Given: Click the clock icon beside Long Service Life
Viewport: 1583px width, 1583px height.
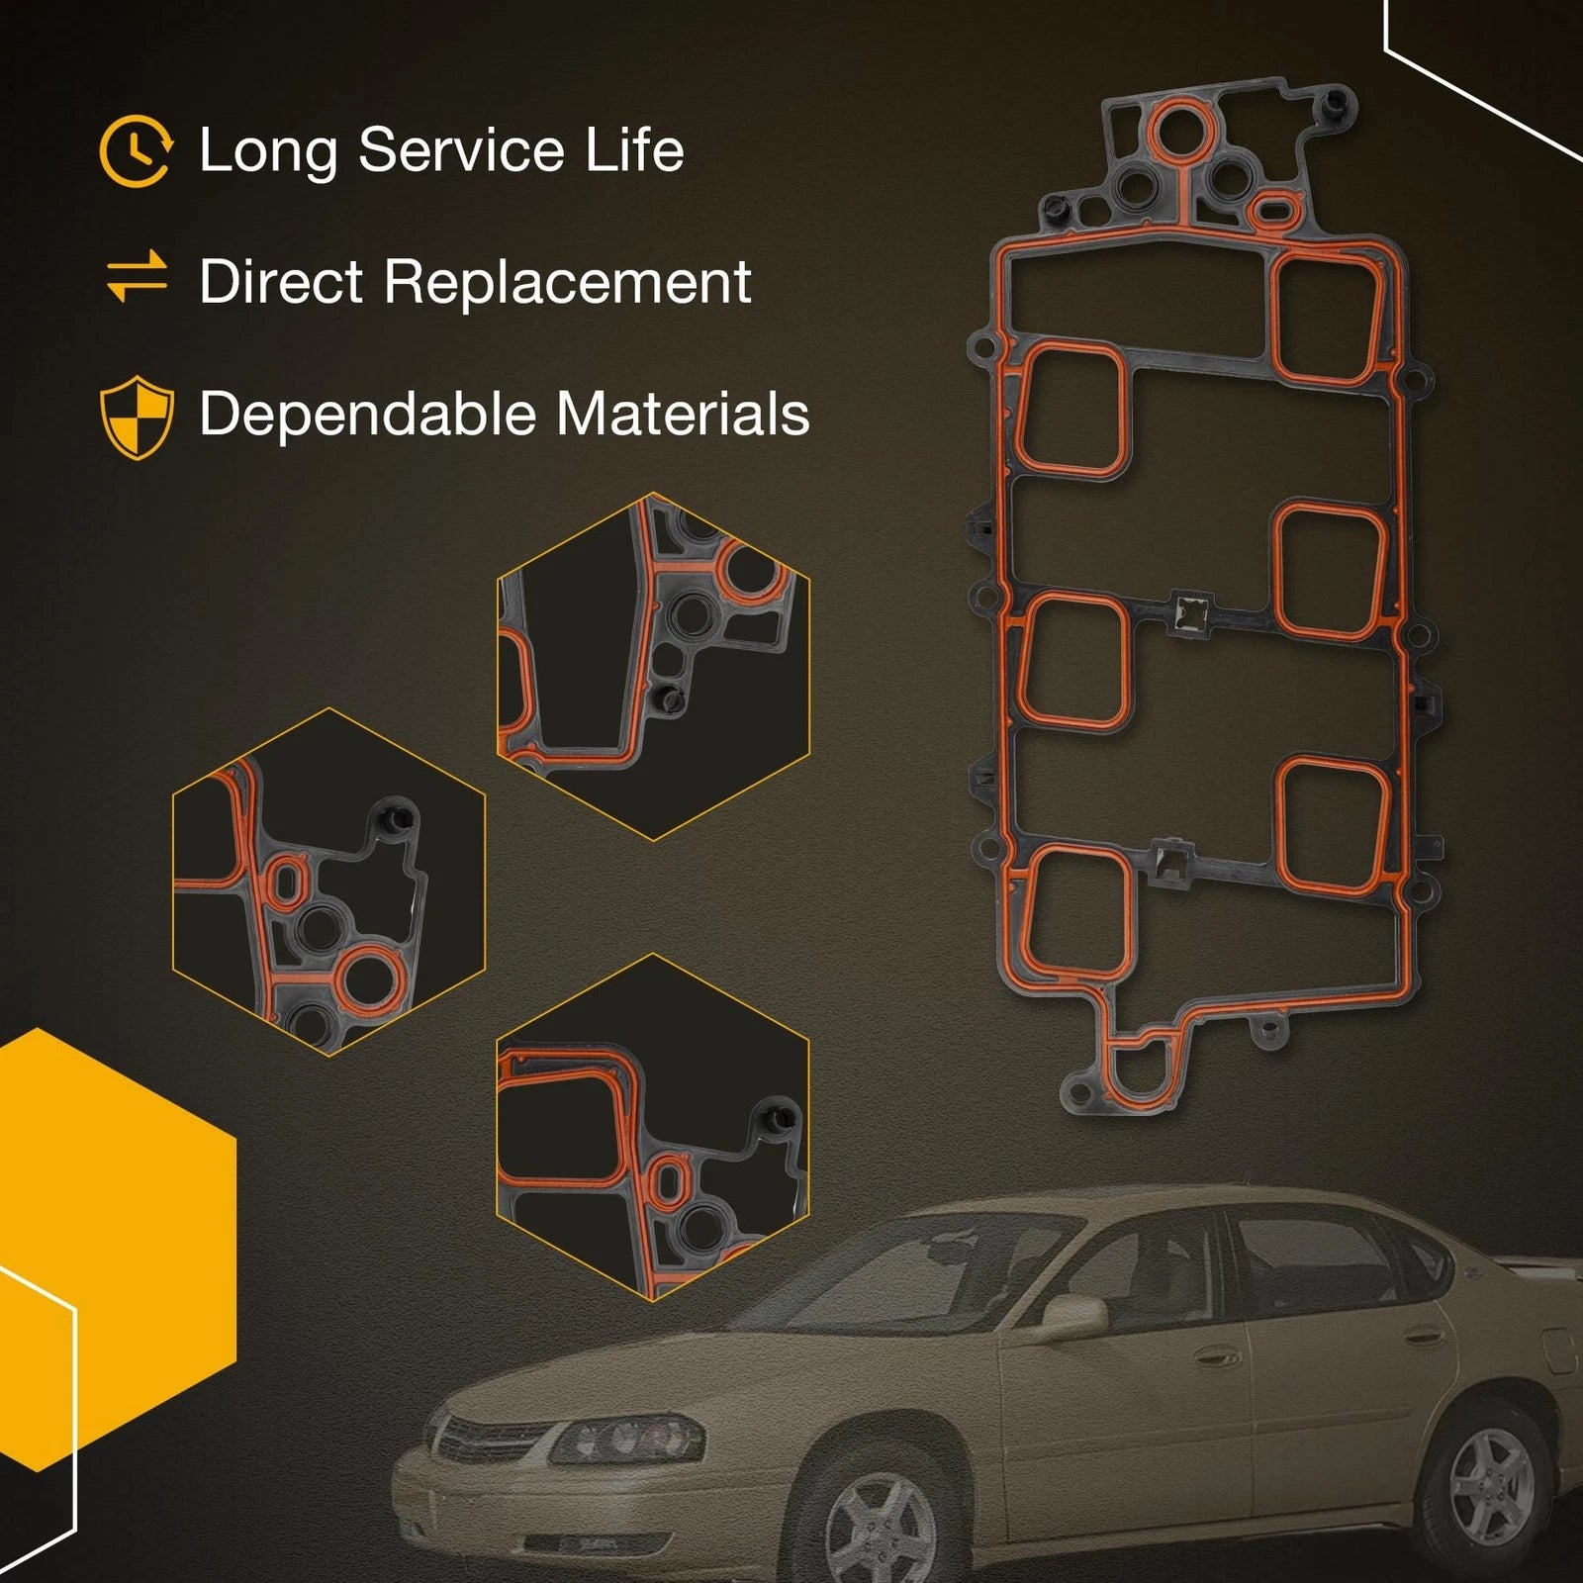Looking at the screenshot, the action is (x=137, y=151).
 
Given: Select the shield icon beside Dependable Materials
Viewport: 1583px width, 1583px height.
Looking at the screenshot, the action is (x=138, y=417).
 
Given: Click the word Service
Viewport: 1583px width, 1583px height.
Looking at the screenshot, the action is (x=462, y=150).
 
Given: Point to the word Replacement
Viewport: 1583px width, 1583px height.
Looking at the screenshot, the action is (x=567, y=284).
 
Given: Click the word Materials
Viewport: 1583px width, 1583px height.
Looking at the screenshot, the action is (x=683, y=414).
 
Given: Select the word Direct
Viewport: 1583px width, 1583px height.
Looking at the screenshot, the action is (x=281, y=282).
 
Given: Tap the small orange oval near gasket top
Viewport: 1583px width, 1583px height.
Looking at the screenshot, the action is (x=1274, y=209).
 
